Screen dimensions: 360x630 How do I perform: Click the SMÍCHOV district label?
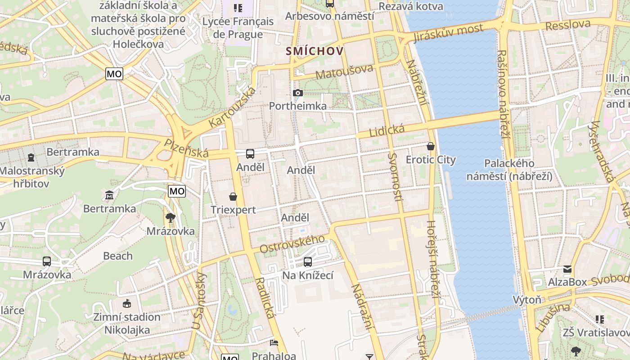[315, 51]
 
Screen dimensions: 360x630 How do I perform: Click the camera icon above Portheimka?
[297, 93]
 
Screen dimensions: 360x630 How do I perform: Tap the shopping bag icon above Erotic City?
[431, 146]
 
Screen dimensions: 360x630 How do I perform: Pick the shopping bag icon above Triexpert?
[233, 197]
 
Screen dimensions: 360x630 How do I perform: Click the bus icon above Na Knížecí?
[308, 261]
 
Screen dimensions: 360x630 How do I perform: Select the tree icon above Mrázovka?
[170, 218]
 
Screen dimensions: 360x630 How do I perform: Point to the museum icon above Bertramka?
[109, 195]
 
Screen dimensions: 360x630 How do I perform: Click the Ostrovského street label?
[292, 244]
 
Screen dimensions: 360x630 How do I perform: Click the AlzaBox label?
[567, 282]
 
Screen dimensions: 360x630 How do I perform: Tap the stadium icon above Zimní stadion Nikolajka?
[127, 304]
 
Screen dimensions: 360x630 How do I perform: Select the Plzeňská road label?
[186, 148]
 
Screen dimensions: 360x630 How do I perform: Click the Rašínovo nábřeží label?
[503, 94]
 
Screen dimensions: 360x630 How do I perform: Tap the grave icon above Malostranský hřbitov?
[31, 157]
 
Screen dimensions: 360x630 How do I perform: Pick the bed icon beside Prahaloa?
[274, 343]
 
